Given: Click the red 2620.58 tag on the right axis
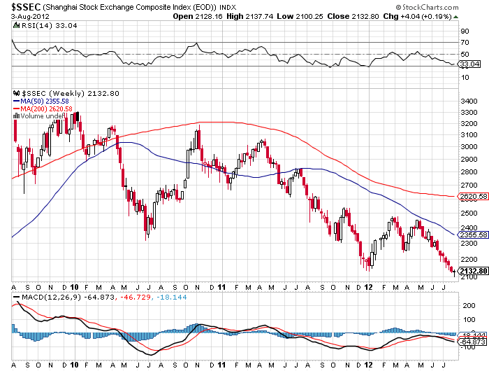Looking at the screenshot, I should [472, 197].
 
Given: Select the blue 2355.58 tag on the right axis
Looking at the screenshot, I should [472, 234].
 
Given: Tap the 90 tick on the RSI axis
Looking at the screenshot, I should [464, 31].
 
